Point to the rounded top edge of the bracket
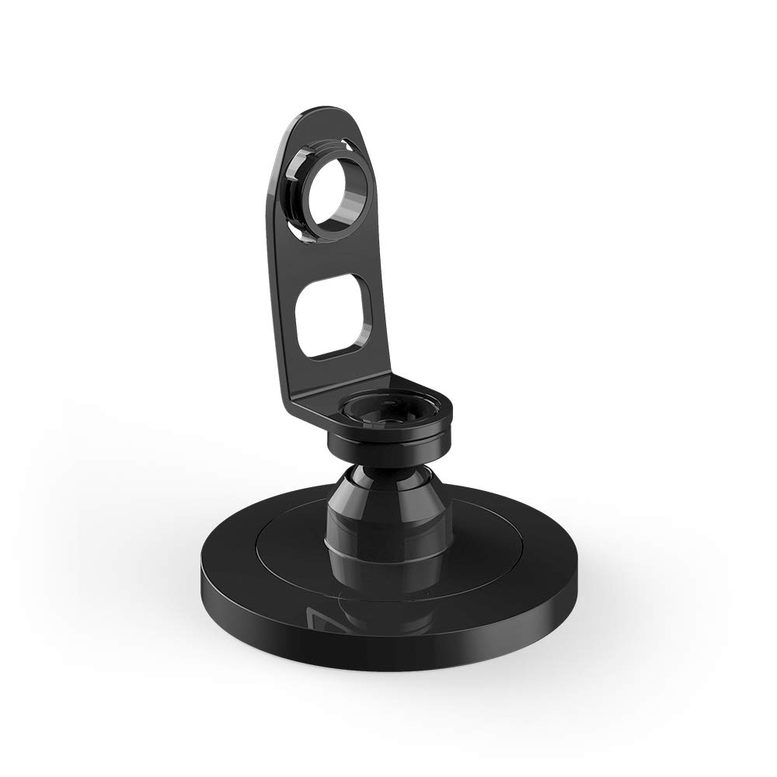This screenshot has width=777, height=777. [319, 111]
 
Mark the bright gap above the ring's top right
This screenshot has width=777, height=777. [354, 144]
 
